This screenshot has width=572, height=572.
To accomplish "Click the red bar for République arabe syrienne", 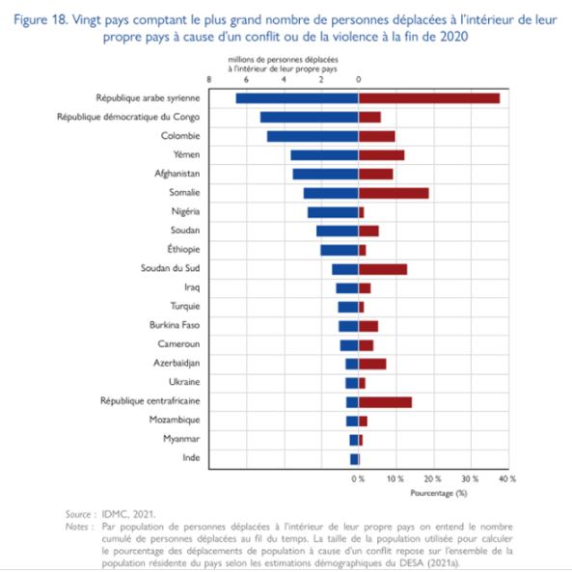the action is pyautogui.click(x=429, y=98).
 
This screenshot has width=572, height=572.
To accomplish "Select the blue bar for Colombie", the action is pyautogui.click(x=313, y=136).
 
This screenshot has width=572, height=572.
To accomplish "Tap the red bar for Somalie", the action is pyautogui.click(x=394, y=193).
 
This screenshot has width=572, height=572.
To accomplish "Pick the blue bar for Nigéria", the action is pyautogui.click(x=333, y=212).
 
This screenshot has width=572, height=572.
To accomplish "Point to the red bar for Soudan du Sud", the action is pyautogui.click(x=383, y=269).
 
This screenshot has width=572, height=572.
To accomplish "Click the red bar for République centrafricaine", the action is pyautogui.click(x=385, y=402).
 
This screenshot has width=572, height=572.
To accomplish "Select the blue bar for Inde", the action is pyautogui.click(x=354, y=459).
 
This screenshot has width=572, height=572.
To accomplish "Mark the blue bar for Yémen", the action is pyautogui.click(x=325, y=155).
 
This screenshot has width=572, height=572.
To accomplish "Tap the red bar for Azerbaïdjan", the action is pyautogui.click(x=372, y=364).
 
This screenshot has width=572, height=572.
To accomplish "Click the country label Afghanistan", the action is pyautogui.click(x=177, y=174).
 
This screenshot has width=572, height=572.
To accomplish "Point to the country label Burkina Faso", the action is pyautogui.click(x=175, y=325).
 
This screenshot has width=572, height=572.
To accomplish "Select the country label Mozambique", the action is pyautogui.click(x=175, y=420).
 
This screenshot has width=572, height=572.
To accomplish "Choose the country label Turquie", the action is pyautogui.click(x=185, y=306).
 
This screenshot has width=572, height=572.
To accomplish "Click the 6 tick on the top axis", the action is pyautogui.click(x=246, y=79).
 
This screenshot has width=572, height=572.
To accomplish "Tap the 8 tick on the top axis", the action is pyautogui.click(x=209, y=79).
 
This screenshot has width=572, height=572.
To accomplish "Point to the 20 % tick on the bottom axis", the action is pyautogui.click(x=433, y=478).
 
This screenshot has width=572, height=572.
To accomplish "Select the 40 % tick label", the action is pyautogui.click(x=507, y=478).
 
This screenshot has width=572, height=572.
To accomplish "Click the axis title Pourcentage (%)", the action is pyautogui.click(x=439, y=493).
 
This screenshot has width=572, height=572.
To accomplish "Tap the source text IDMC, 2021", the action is pyautogui.click(x=128, y=514).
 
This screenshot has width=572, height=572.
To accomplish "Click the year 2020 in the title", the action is pyautogui.click(x=453, y=37).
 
